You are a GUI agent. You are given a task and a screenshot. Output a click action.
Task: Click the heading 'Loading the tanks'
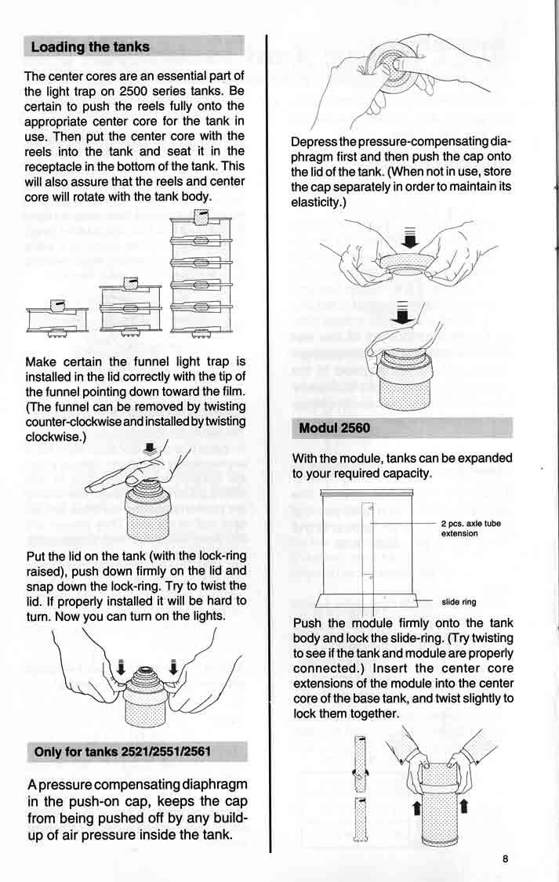coord(90,47)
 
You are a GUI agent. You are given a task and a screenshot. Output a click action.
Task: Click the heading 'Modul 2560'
coord(333,428)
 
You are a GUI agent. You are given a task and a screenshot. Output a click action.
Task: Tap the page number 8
coord(506,858)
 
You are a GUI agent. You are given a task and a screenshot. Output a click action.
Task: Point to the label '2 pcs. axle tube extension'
coord(470,528)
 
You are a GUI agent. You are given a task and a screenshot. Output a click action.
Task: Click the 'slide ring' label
coord(459,602)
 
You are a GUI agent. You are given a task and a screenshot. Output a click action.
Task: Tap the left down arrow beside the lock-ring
coord(121,668)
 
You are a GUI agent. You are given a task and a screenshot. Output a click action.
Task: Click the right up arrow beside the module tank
coord(464,804)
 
